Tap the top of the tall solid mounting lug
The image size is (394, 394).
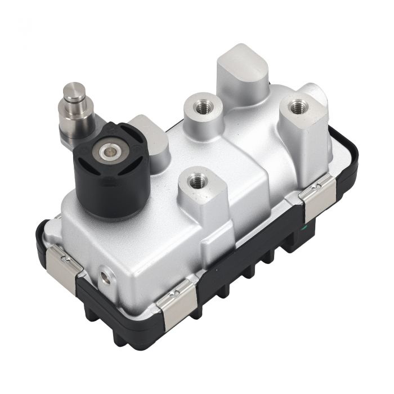click(242, 64)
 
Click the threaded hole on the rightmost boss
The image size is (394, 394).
click(297, 106)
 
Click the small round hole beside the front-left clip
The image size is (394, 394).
click(104, 277)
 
